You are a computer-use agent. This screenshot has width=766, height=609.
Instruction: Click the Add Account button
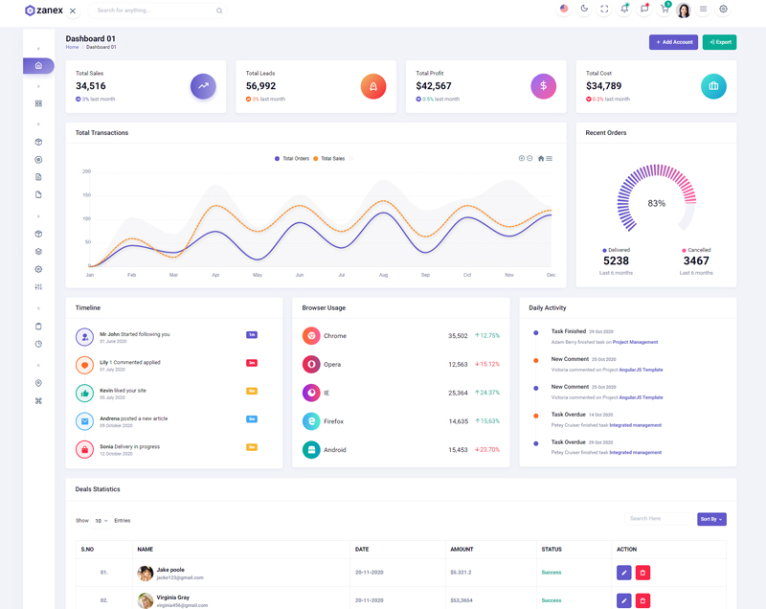673,42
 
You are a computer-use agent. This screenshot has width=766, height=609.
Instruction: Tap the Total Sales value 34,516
91,86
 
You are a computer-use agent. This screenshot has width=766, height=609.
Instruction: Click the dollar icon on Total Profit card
543,86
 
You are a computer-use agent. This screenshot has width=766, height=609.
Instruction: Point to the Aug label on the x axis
383,275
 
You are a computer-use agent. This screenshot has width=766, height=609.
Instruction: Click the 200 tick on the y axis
86,171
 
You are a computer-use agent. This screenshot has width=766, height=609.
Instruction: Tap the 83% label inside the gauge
656,203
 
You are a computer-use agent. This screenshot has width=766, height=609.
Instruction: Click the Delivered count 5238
617,260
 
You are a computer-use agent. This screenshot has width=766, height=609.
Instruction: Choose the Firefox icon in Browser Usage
311,421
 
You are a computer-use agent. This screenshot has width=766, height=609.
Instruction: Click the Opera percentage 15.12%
487,364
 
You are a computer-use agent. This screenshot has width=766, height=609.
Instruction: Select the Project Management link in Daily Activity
635,342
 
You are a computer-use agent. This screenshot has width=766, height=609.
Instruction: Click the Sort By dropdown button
711,519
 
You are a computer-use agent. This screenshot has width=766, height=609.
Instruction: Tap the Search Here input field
659,519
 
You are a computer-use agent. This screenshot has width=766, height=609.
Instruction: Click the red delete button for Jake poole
642,573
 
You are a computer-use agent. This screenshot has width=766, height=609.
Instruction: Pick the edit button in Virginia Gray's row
623,600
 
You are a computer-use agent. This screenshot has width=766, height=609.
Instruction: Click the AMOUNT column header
462,549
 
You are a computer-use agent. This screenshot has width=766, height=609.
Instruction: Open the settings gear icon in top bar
723,10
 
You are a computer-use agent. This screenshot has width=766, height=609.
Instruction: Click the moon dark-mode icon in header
584,10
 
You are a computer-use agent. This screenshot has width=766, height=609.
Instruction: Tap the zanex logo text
50,11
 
